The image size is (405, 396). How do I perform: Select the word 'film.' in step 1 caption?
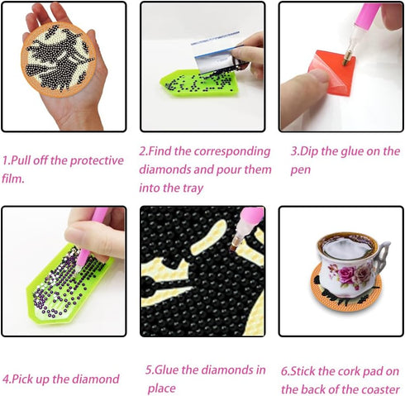click(x=16, y=178)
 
